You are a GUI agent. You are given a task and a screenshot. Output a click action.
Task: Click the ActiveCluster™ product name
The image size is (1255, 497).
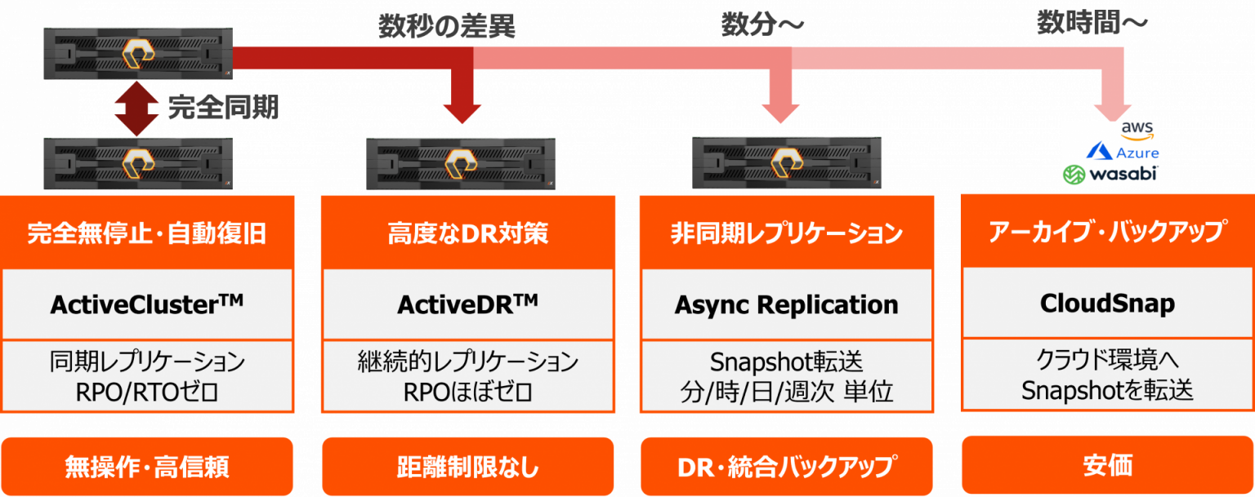(147, 304)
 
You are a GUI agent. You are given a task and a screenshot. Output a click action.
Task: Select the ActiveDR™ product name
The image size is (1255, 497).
(467, 304)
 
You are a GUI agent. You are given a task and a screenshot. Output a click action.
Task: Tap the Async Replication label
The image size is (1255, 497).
(786, 304)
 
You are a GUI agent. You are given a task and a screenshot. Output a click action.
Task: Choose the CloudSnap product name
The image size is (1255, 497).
(1107, 304)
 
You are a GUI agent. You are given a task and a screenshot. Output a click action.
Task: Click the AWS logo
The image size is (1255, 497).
(1136, 131)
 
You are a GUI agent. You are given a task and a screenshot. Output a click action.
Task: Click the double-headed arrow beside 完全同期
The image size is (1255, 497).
(136, 109)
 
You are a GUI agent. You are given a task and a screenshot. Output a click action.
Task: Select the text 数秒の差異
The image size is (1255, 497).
(446, 27)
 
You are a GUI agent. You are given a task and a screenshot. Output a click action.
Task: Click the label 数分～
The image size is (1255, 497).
(761, 25)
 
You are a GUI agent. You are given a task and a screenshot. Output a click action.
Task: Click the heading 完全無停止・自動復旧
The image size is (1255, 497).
(147, 234)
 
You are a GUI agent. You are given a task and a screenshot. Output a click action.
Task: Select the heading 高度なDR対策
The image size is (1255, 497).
(467, 234)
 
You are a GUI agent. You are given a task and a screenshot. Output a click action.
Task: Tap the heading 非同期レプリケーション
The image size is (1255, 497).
(786, 234)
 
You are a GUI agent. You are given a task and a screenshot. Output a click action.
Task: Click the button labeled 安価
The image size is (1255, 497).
(1107, 465)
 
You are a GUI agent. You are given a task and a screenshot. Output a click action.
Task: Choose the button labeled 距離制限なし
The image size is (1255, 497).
(467, 467)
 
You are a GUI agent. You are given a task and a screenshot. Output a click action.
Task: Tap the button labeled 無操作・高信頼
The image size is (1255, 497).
(147, 467)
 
